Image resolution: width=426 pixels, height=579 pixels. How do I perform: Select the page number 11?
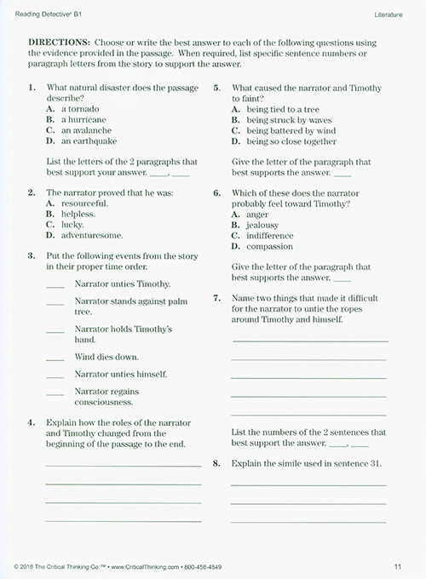pos(398,565)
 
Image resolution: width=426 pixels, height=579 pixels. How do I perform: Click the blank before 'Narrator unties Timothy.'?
pos(55,285)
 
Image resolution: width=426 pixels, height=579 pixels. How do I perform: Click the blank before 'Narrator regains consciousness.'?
pos(55,393)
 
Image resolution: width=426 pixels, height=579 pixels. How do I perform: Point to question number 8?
pos(217,464)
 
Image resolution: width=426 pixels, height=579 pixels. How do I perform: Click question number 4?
pos(32,423)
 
